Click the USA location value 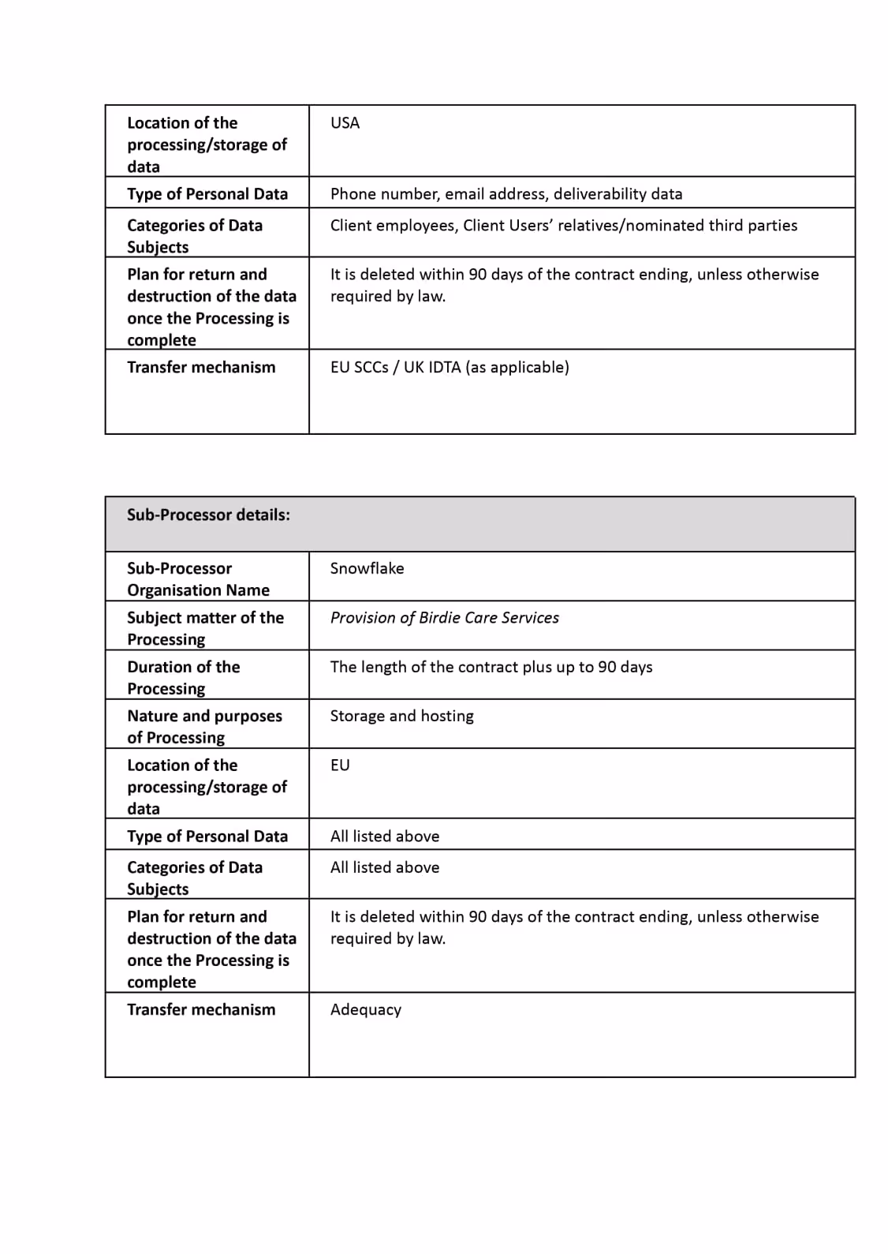pos(345,123)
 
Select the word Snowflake pos(367,568)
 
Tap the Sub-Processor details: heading pos(208,515)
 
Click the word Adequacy pos(365,1010)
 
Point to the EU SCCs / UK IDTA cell pos(450,368)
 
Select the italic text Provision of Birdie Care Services pos(444,618)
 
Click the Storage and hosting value pos(401,716)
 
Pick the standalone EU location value pos(340,766)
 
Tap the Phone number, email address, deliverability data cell pos(506,194)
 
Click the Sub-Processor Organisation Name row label pos(198,579)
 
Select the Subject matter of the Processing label pos(205,628)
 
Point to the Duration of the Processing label pos(183,677)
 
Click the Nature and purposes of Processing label pos(204,726)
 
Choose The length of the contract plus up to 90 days pos(491,667)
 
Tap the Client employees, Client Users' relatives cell pos(563,226)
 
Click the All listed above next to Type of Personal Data pos(385,837)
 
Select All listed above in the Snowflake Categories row pos(385,867)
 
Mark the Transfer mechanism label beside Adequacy pos(201,1010)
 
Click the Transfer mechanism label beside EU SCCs pos(201,368)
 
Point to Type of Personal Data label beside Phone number pos(207,194)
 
